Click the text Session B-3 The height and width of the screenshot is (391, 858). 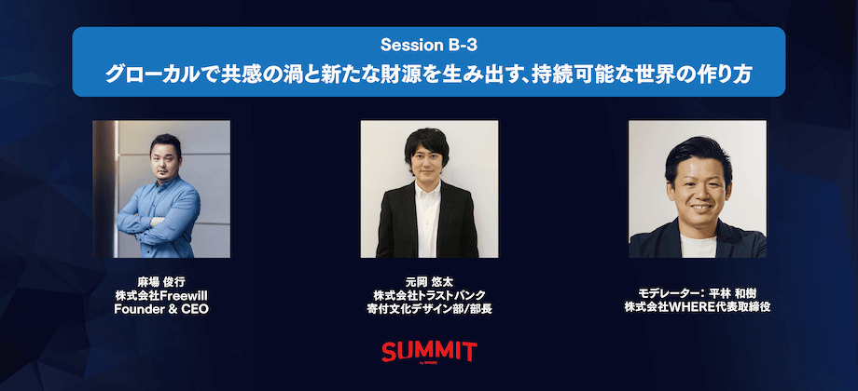[x=428, y=46]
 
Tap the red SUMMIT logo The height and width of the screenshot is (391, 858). [x=429, y=352]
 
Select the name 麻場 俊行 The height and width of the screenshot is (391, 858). [x=161, y=282]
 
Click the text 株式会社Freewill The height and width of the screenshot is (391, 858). [x=161, y=295]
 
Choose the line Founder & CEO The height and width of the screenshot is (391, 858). [x=161, y=309]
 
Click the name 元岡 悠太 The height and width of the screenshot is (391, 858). [x=429, y=282]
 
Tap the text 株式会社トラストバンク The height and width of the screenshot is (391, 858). [x=429, y=295]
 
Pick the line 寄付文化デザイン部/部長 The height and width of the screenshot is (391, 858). [x=429, y=309]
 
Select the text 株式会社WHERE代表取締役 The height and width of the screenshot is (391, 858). [x=698, y=307]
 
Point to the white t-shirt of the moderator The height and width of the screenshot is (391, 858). [x=699, y=247]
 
